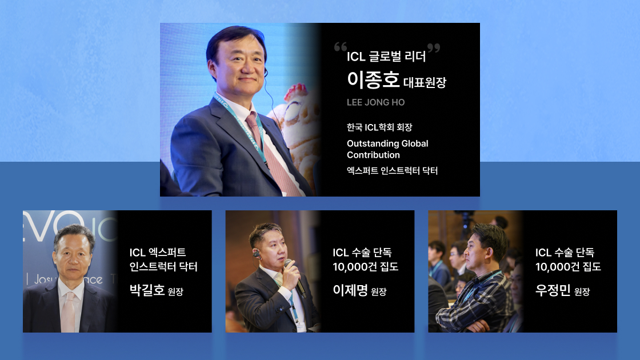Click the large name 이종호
pos(373,80)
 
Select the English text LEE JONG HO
pos(375,103)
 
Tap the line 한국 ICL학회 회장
pos(379,127)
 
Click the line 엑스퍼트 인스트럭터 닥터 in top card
pos(392,171)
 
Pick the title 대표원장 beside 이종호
pos(425,82)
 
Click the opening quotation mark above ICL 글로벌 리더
pos(341,48)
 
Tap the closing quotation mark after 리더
pos(434,48)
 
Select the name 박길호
pos(147,290)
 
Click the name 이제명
pos(350,290)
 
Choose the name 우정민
pos(553,290)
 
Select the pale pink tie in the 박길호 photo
pos(69,311)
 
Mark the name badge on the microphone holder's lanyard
pos(301,323)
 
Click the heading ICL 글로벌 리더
pos(386,57)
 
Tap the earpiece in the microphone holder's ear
pos(257,253)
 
